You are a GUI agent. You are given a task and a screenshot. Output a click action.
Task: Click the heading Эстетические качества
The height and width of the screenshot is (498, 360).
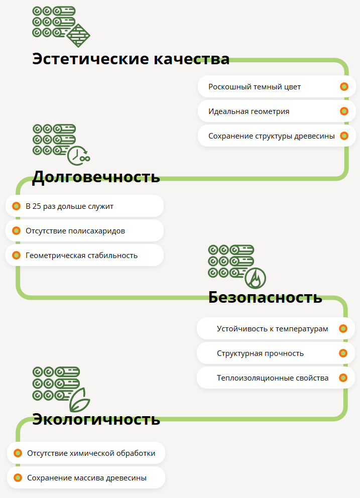click(x=131, y=59)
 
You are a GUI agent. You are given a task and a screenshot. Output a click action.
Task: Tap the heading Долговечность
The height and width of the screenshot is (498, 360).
click(x=96, y=177)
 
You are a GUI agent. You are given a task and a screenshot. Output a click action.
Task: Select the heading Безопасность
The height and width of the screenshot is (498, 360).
click(x=265, y=297)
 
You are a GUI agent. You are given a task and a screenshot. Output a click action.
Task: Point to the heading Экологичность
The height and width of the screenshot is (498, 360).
click(x=96, y=419)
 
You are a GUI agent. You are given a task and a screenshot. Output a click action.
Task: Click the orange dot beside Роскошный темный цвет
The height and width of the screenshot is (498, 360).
click(x=344, y=86)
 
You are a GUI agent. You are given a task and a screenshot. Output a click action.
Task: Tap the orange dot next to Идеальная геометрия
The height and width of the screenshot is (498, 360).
click(x=344, y=111)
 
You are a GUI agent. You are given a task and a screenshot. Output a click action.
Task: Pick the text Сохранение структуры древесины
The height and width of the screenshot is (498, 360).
click(x=272, y=136)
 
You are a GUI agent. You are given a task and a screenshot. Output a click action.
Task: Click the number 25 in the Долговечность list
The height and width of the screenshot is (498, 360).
click(x=37, y=206)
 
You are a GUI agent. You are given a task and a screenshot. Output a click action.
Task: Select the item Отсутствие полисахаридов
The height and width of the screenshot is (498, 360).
click(x=75, y=231)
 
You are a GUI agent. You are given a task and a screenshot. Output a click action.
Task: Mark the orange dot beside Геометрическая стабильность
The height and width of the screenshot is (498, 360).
click(x=16, y=255)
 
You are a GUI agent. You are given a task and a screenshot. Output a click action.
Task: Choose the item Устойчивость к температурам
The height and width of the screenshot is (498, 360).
click(x=272, y=329)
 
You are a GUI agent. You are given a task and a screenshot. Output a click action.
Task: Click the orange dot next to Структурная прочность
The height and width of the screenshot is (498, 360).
click(x=343, y=353)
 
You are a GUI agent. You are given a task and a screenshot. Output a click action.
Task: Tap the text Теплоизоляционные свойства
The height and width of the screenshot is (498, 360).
click(x=273, y=378)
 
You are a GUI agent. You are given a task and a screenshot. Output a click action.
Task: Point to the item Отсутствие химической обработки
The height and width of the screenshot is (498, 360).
click(x=91, y=453)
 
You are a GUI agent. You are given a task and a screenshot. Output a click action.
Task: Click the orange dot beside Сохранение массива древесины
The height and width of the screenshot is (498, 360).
click(x=18, y=478)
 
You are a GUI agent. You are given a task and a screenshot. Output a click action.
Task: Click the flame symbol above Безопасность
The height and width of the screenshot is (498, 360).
click(x=256, y=278)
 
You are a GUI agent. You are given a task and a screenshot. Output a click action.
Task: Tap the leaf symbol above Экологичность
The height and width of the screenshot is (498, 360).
click(x=79, y=400)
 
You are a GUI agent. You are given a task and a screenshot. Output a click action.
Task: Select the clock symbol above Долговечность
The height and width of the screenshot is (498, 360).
click(x=78, y=156)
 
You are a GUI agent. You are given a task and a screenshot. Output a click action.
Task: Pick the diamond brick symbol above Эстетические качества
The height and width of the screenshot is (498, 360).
click(x=78, y=35)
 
